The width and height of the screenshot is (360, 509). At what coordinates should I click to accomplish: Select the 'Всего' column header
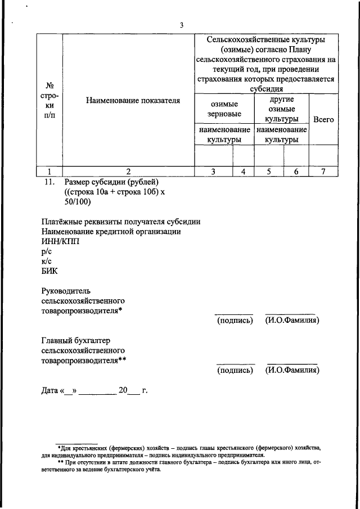323,119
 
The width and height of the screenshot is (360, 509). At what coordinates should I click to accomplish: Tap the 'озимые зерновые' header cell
224,109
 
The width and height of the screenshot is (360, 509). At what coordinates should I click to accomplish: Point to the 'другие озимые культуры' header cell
282,109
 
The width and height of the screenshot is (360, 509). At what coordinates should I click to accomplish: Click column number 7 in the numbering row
323,172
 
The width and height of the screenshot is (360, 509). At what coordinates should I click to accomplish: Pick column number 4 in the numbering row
243,172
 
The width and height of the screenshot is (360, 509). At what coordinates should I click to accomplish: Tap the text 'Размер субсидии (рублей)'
112,182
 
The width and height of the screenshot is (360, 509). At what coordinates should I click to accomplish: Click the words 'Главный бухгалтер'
76,340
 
